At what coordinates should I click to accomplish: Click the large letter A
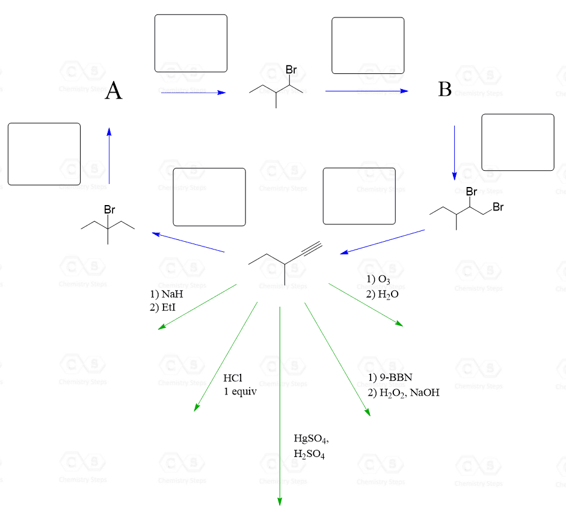[114, 91]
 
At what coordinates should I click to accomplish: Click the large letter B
[445, 90]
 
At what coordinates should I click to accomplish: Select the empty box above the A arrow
[191, 43]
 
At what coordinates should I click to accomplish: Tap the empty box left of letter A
[44, 154]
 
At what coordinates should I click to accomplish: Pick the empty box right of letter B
[517, 143]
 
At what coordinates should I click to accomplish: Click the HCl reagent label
[232, 379]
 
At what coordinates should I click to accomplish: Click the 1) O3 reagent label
[378, 279]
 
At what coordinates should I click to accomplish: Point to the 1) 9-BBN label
[390, 378]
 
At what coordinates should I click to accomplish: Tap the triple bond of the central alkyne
[309, 249]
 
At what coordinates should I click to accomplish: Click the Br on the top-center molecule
[292, 70]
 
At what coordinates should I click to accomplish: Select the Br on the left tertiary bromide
[109, 210]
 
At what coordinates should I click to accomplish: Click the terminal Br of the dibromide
[497, 207]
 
